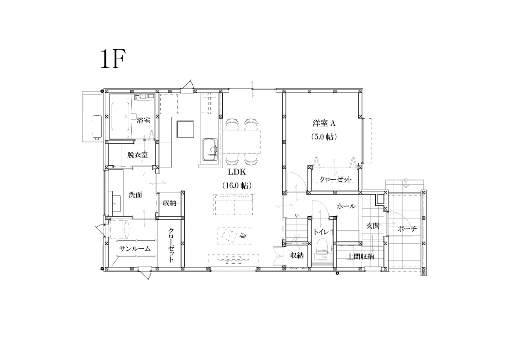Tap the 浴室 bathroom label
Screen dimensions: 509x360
tap(144, 120)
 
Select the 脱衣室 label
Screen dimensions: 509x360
tap(137, 155)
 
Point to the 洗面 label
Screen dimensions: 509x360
tap(135, 195)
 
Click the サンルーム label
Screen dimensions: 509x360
tap(135, 249)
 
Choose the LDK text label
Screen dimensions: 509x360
tap(237, 172)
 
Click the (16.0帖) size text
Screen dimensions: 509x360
tap(237, 186)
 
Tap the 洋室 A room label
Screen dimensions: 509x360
tap(324, 124)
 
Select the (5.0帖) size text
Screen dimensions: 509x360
tap(324, 137)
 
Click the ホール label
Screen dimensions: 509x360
tap(346, 206)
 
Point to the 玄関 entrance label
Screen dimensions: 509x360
tap(373, 225)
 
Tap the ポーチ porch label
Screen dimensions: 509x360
tap(407, 229)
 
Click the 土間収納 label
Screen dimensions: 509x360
tap(360, 257)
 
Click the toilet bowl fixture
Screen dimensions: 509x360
tap(322, 245)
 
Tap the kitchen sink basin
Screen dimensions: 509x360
tap(210, 149)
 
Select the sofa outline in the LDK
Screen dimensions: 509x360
tap(234, 204)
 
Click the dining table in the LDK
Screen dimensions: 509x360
tap(241, 142)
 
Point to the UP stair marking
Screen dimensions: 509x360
tap(297, 215)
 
